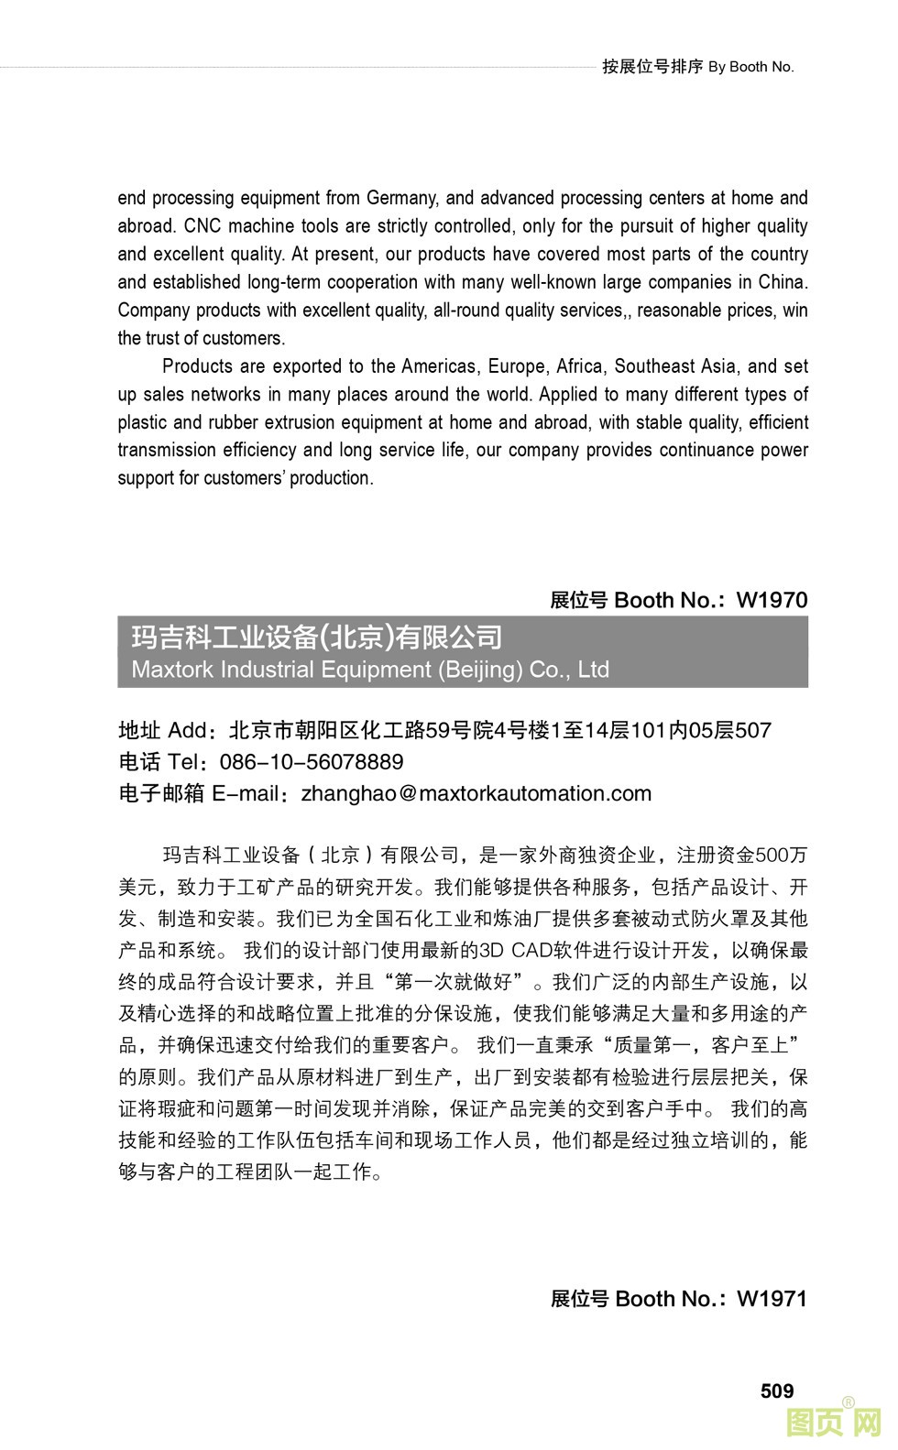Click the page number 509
tap(776, 1390)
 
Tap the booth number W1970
tap(772, 600)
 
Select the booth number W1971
tap(772, 1298)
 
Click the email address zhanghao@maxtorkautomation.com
tap(476, 793)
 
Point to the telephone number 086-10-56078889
tap(312, 762)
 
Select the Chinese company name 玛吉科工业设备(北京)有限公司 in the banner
tap(317, 637)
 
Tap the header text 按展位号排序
tap(652, 67)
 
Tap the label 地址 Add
tap(163, 730)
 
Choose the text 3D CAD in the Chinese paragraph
tap(522, 950)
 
